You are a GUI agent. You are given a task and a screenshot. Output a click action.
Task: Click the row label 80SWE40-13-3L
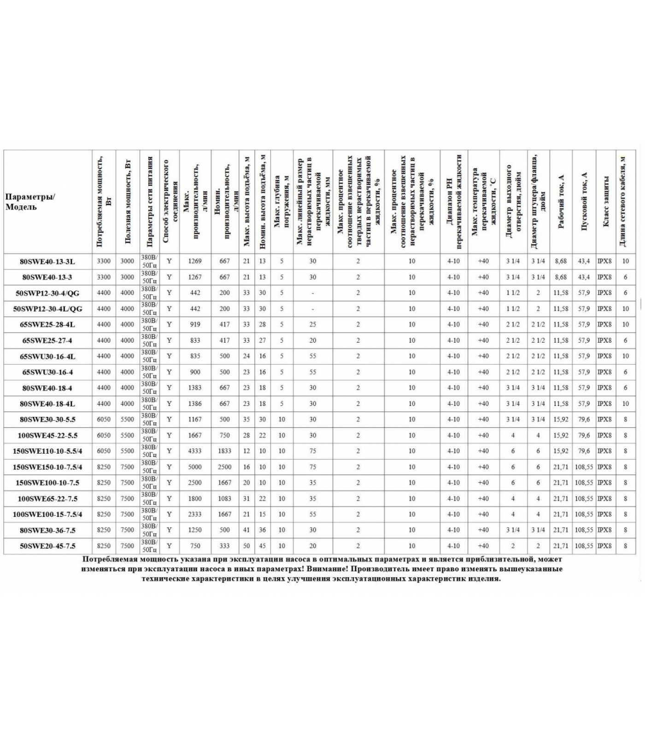pyautogui.click(x=47, y=262)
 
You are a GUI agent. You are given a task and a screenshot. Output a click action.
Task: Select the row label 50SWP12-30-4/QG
pyautogui.click(x=47, y=293)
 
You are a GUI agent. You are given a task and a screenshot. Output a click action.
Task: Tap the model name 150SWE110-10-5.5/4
pyautogui.click(x=47, y=451)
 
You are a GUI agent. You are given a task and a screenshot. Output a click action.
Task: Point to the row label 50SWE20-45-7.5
pyautogui.click(x=47, y=546)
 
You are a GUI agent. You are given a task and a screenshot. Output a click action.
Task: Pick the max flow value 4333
pyautogui.click(x=195, y=451)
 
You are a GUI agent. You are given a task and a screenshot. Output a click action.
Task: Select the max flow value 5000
pyautogui.click(x=195, y=467)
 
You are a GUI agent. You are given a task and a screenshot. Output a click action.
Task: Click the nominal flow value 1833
pyautogui.click(x=224, y=451)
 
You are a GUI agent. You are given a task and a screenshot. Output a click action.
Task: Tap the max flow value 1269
pyautogui.click(x=195, y=261)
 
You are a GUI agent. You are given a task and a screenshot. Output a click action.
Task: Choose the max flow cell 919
pyautogui.click(x=195, y=325)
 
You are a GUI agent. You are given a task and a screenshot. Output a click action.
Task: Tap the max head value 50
pyautogui.click(x=246, y=546)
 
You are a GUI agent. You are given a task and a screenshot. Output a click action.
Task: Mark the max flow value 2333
pyautogui.click(x=195, y=515)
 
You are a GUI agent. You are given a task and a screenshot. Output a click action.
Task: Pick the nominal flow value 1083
pyautogui.click(x=224, y=499)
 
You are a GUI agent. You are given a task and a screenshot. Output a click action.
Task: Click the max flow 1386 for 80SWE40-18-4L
pyautogui.click(x=195, y=404)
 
